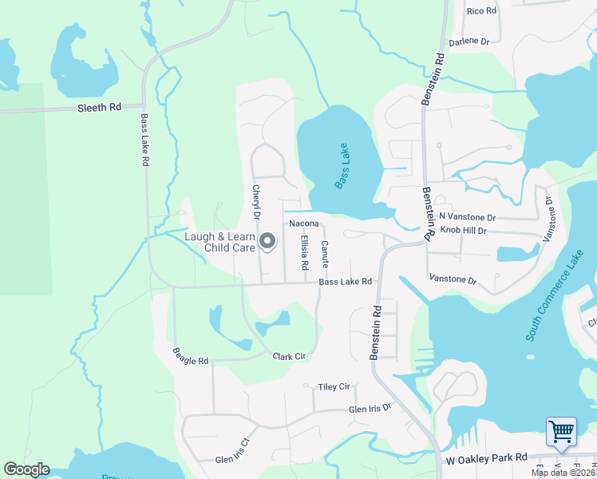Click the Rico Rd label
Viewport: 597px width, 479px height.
[x=481, y=11]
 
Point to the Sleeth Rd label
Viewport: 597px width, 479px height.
[x=99, y=106]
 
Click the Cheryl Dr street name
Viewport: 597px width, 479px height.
[x=257, y=203]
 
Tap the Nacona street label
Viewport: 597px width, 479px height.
[x=304, y=224]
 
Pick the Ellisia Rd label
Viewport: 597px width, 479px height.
[x=304, y=252]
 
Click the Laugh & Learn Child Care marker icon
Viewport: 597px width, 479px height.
[x=267, y=240]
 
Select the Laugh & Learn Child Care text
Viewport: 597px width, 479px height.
[x=219, y=242]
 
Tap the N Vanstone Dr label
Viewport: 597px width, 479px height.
[x=468, y=217]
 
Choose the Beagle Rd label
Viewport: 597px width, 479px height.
[x=191, y=356]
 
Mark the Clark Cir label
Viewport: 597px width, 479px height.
[x=289, y=356]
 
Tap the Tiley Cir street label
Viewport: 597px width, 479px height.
[x=334, y=386]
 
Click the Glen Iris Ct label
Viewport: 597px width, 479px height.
[x=233, y=453]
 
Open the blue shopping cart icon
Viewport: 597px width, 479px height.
[x=561, y=432]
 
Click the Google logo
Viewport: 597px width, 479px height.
[x=27, y=469]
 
